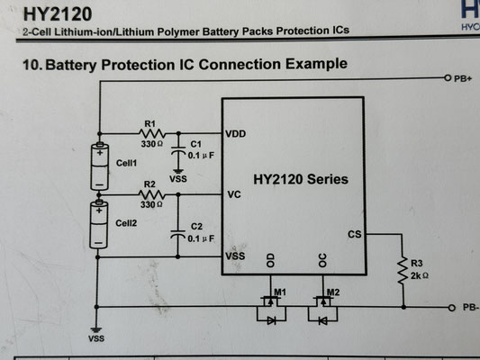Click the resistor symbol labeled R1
click(x=152, y=133)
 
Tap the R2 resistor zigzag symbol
click(x=152, y=194)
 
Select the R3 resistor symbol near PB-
click(x=403, y=270)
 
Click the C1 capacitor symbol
click(x=178, y=150)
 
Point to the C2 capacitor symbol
click(x=177, y=234)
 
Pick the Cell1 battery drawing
click(x=100, y=166)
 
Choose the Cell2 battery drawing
click(x=98, y=225)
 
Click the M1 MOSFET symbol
click(x=271, y=309)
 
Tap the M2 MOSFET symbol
click(x=323, y=309)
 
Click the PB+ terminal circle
click(x=448, y=78)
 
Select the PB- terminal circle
click(x=452, y=308)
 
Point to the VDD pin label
click(x=235, y=134)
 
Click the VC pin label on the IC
click(x=234, y=194)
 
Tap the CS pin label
click(x=355, y=234)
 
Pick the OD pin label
click(x=270, y=260)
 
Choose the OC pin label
click(x=322, y=260)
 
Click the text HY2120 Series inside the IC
click(x=301, y=179)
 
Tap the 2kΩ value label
click(x=420, y=275)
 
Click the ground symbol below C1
click(x=177, y=171)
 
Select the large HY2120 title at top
click(x=58, y=14)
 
